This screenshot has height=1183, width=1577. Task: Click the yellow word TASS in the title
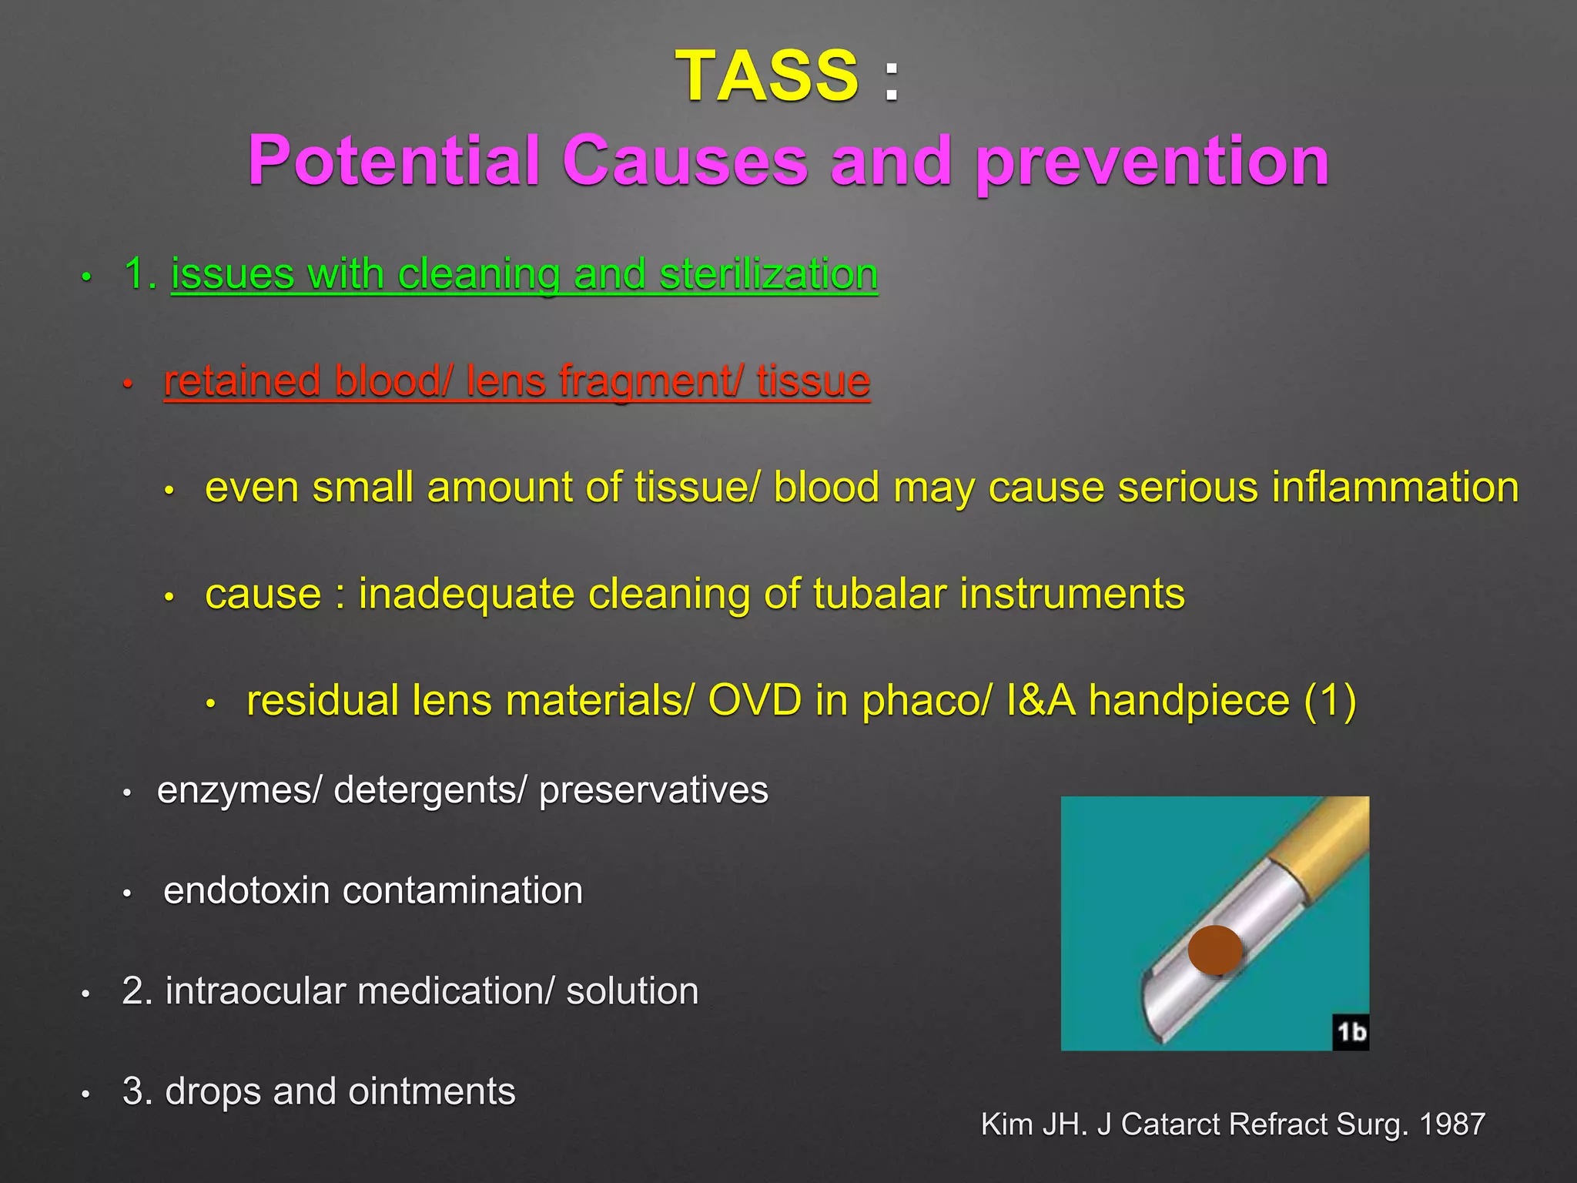[x=767, y=75]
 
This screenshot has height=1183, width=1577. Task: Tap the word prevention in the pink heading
[x=1152, y=162]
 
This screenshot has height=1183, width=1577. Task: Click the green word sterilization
[x=768, y=274]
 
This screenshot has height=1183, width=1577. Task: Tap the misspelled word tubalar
[x=879, y=594]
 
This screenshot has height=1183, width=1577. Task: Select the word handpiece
[x=1188, y=701]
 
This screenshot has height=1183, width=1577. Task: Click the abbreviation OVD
[x=754, y=700]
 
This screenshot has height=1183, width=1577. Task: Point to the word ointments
[x=432, y=1091]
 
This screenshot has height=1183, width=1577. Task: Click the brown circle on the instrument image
[x=1214, y=950]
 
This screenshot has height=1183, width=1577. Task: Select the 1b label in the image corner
[x=1351, y=1032]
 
